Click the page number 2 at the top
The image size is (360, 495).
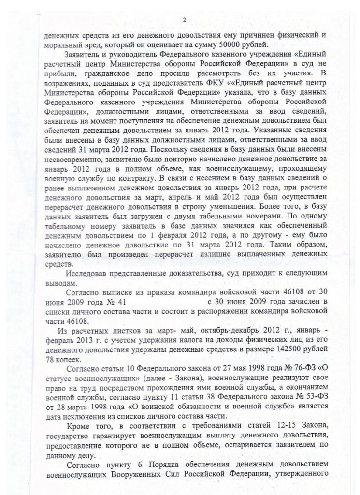point(184,20)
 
